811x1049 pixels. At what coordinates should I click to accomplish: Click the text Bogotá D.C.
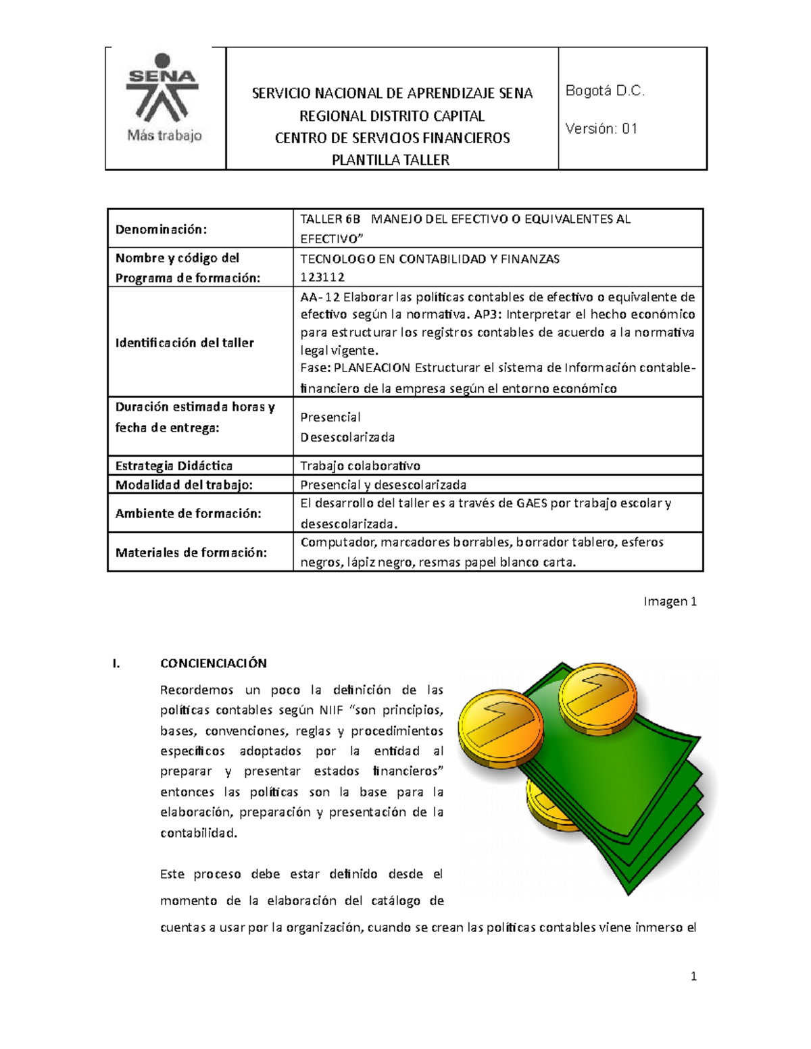[605, 91]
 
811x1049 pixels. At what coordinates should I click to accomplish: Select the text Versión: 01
[601, 128]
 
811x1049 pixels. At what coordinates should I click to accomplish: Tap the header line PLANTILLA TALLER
[391, 160]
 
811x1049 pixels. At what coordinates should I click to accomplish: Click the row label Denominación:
[161, 229]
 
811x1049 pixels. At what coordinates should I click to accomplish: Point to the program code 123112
[322, 277]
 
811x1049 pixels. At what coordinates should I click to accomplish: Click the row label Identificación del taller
[185, 342]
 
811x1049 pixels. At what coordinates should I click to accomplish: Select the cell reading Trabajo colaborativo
[360, 465]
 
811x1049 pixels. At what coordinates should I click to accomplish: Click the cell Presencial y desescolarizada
[383, 484]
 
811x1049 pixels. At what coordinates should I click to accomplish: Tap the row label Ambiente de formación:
[188, 513]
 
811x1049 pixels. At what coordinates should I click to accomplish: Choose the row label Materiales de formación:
[191, 553]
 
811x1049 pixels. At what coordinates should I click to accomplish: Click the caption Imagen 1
[669, 601]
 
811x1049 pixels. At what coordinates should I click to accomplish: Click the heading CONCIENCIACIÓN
[213, 663]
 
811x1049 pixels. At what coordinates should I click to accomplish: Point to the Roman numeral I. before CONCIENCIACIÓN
[116, 663]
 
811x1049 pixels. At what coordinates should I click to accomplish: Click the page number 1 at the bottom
[693, 976]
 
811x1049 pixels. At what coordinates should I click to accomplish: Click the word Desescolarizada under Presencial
[347, 437]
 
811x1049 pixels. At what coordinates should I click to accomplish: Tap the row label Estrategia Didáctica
[174, 465]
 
